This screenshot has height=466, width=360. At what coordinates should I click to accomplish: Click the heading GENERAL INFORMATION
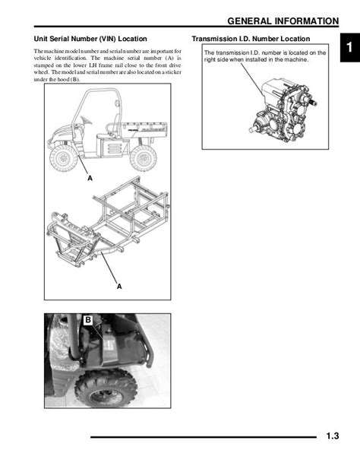point(283,21)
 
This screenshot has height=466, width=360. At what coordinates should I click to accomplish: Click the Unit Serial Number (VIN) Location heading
point(90,39)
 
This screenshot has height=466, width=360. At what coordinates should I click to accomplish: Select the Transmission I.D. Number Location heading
point(251,39)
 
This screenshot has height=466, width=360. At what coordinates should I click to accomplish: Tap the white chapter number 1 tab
point(349,47)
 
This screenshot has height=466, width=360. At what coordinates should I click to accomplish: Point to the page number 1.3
point(333,436)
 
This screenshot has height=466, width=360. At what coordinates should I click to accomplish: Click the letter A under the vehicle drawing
point(90,179)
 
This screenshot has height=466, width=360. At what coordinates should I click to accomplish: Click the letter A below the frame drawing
point(119,287)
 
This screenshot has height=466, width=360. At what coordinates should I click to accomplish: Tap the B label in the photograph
point(88,320)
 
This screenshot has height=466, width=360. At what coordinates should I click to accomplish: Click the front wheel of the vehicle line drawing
point(64,158)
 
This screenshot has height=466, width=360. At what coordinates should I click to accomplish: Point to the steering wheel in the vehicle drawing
point(86,120)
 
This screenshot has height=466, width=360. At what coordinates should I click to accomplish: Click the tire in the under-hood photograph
point(106,388)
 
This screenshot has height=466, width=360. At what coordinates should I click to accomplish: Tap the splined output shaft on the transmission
point(313,103)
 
